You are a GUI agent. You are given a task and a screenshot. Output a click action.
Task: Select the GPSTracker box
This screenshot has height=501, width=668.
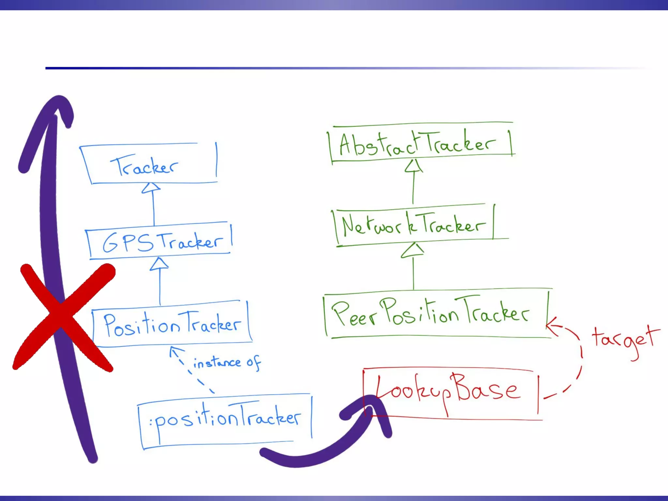[x=160, y=241]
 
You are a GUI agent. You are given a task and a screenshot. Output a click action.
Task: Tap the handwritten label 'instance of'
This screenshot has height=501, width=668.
[x=226, y=362]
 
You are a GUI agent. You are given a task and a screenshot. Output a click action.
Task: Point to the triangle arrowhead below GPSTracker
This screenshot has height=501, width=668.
[x=159, y=264]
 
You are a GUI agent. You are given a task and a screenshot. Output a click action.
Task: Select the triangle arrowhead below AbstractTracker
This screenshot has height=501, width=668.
[x=414, y=166]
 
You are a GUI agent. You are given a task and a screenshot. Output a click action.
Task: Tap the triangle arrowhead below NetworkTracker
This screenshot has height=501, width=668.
[x=413, y=250]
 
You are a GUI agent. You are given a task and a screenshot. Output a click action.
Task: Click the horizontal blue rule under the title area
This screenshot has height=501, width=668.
[x=326, y=68]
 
